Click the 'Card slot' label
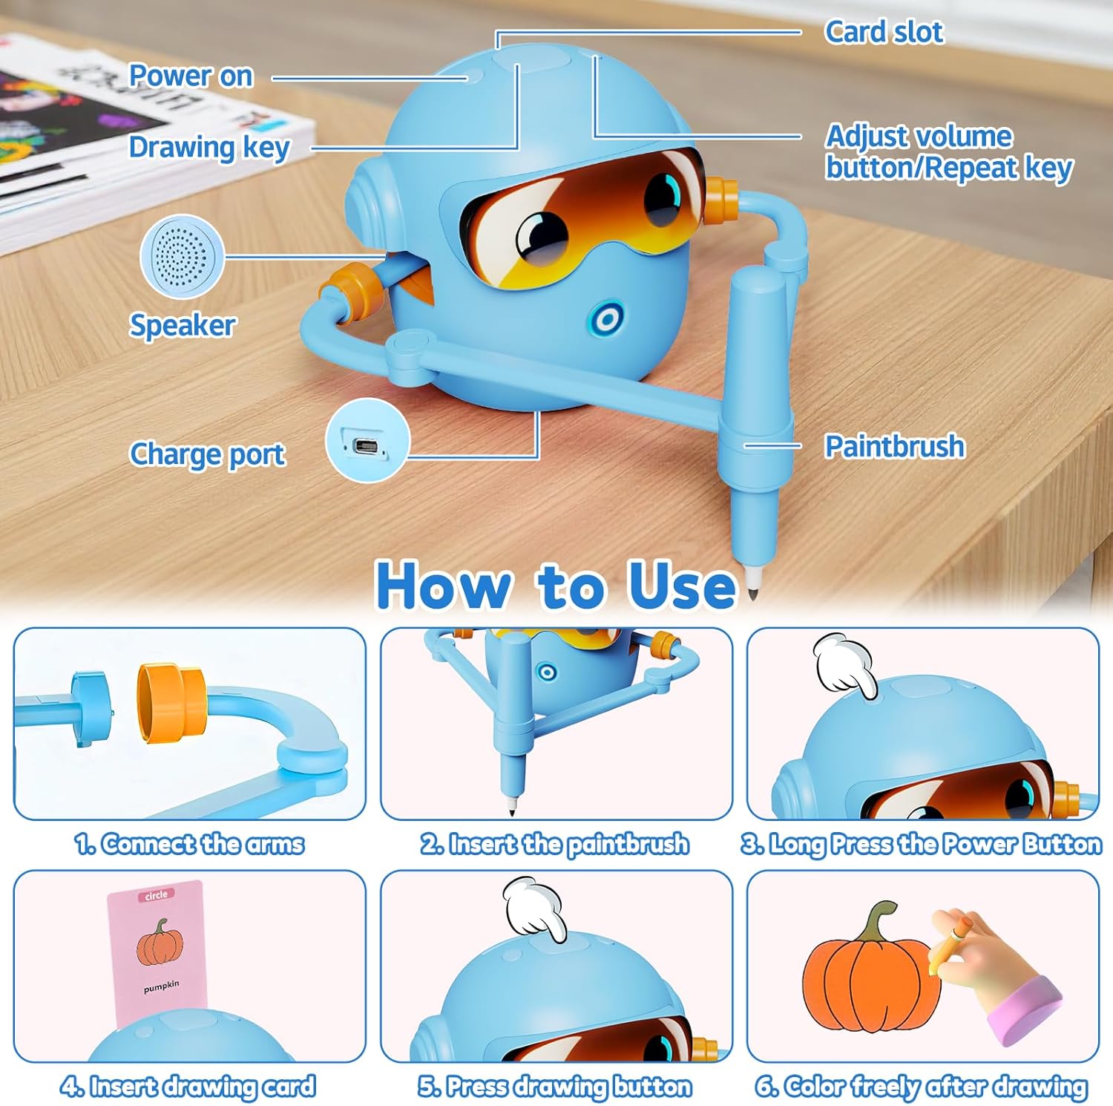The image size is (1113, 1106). coord(884,32)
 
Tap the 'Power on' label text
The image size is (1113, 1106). coord(191,76)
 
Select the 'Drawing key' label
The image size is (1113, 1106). coord(209,148)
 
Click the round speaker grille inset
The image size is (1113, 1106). coord(182,255)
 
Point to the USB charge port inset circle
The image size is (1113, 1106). coord(367,441)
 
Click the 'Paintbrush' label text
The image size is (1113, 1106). coord(895,447)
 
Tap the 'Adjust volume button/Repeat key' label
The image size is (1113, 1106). coord(948,152)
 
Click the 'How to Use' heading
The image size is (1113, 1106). coord(556,586)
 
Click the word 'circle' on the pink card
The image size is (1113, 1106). coord(156,895)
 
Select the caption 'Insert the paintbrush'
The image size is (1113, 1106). coord(555,845)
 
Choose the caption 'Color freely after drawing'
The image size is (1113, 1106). coord(922,1087)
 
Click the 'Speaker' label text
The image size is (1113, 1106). coord(183,325)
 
